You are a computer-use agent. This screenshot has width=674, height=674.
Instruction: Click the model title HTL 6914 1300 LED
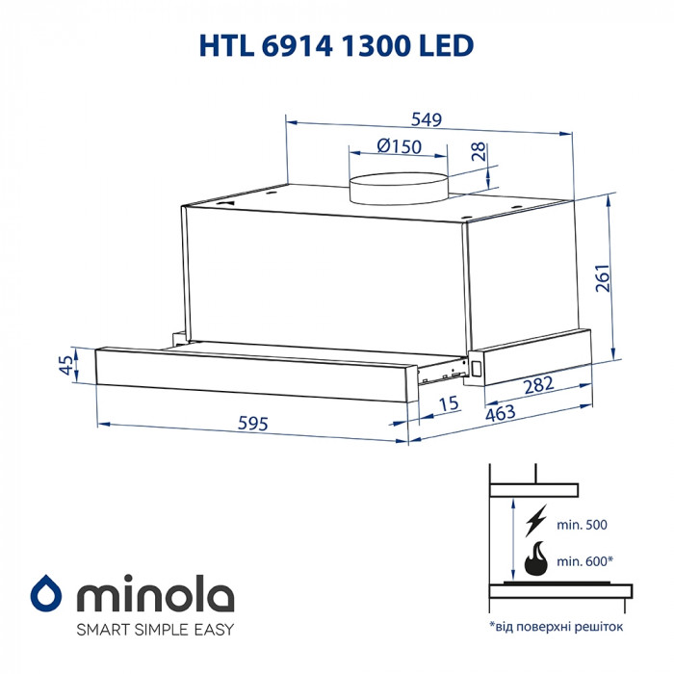336,46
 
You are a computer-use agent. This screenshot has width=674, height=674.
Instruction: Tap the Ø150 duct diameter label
400,146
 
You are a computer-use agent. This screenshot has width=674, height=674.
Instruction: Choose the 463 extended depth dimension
500,414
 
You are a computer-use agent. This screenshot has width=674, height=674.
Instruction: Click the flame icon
534,557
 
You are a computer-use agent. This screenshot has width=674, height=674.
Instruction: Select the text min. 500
583,526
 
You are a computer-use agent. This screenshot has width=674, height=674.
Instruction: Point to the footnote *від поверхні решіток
556,627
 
